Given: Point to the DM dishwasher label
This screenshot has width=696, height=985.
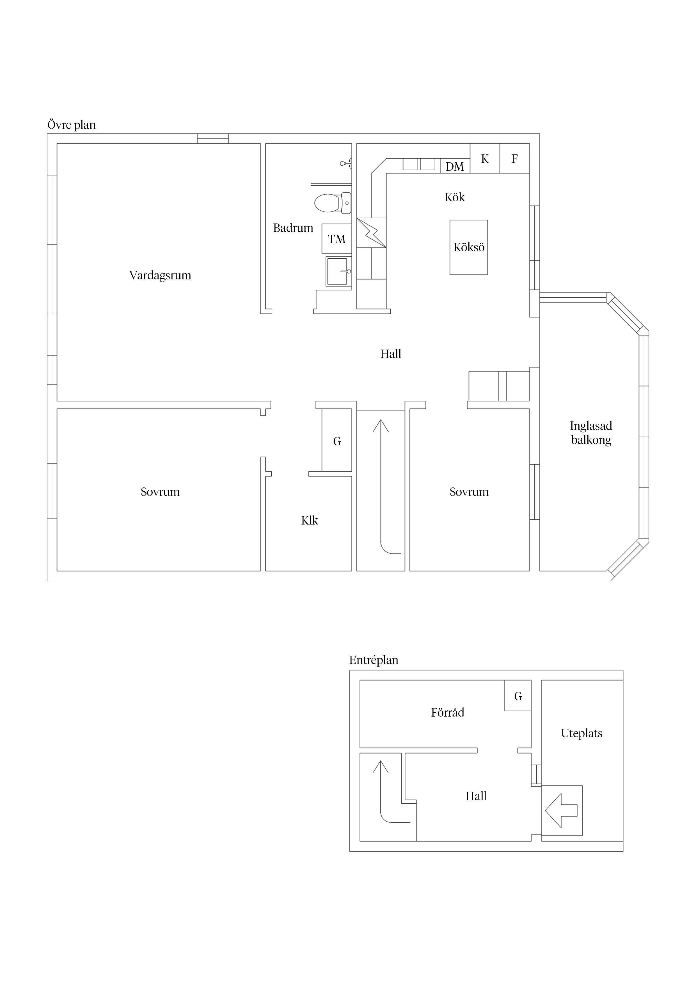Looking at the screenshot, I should pyautogui.click(x=455, y=167).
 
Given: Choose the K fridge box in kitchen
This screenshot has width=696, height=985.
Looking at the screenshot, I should pyautogui.click(x=485, y=158).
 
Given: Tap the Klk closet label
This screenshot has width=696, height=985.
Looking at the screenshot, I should pyautogui.click(x=309, y=520).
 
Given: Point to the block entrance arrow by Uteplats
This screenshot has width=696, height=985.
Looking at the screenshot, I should pyautogui.click(x=561, y=810).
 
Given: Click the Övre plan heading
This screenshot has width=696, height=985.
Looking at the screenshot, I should pyautogui.click(x=72, y=125).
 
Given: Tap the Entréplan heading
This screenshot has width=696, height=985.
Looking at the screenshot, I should pyautogui.click(x=374, y=660).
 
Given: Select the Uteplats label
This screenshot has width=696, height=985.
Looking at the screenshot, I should pyautogui.click(x=581, y=733).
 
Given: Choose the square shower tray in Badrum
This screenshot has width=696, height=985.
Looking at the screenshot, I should pyautogui.click(x=338, y=271).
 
